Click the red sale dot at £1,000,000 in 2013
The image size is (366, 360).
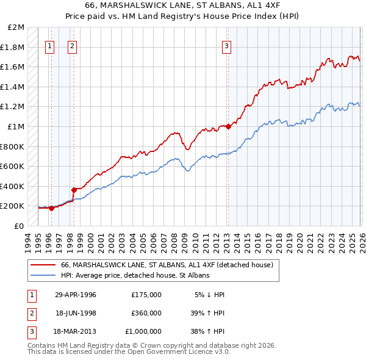pos(228,127)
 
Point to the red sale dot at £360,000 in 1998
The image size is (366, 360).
pos(74,190)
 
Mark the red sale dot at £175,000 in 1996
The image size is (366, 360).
pos(51,208)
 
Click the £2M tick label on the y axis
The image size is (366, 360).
pos(16,27)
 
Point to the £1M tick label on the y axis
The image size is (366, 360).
pos(16,127)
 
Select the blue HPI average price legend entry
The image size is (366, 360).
pos(135,276)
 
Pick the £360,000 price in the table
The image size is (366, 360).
pos(146,313)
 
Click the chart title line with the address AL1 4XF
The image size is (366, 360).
pos(182,6)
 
